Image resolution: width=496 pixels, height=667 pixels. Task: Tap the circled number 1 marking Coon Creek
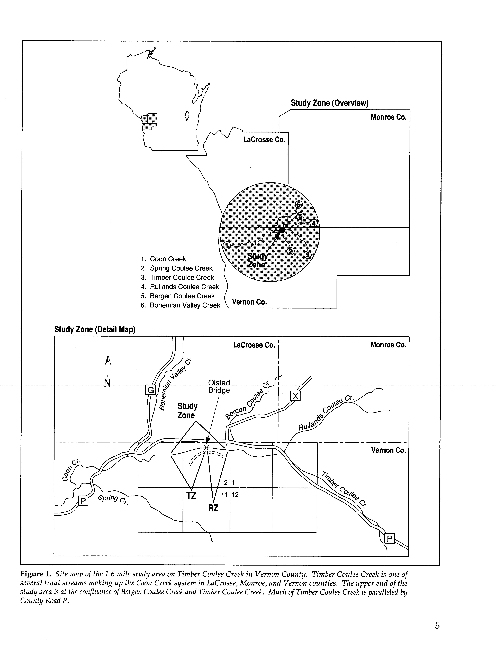[x=227, y=245]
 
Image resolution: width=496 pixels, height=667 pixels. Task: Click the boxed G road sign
[x=150, y=390]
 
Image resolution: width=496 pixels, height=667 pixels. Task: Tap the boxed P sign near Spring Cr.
[x=83, y=501]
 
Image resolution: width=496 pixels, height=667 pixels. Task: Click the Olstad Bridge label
[x=219, y=386]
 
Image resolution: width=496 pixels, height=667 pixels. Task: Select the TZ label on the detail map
[x=191, y=496]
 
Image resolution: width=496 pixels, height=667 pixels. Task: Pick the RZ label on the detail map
[x=213, y=508]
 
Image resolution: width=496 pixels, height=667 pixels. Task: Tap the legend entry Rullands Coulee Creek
[x=184, y=287]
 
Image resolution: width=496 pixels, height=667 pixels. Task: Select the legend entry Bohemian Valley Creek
[x=185, y=305]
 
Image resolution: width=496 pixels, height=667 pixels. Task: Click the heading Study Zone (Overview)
[x=329, y=103]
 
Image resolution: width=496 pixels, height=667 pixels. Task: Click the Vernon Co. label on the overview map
[x=249, y=302]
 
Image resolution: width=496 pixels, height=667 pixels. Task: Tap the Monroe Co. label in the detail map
[x=388, y=345]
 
